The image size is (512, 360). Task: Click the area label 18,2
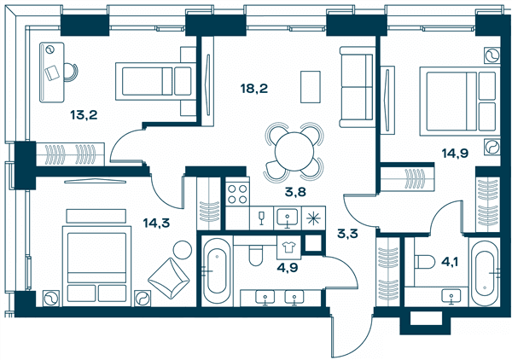pyautogui.click(x=254, y=89)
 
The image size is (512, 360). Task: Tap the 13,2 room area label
pyautogui.click(x=84, y=115)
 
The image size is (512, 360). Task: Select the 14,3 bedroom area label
pyautogui.click(x=156, y=223)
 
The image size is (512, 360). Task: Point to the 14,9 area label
pyautogui.click(x=455, y=153)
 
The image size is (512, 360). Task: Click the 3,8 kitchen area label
pyautogui.click(x=295, y=192)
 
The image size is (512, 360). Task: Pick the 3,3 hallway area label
pyautogui.click(x=348, y=234)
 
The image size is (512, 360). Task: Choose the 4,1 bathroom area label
pyautogui.click(x=450, y=262)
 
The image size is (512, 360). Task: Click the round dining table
pyautogui.click(x=294, y=152)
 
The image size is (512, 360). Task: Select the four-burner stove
pyautogui.click(x=237, y=194)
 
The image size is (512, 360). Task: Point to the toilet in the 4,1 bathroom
pyautogui.click(x=424, y=261)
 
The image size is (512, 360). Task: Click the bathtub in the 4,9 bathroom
pyautogui.click(x=217, y=271)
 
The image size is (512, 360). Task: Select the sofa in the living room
pyautogui.click(x=356, y=87)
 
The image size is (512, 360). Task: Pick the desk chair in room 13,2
pyautogui.click(x=71, y=73)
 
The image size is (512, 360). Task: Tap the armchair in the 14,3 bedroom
pyautogui.click(x=169, y=278)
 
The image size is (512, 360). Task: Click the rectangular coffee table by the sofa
pyautogui.click(x=311, y=87)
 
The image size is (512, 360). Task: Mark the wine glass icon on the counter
pyautogui.click(x=261, y=218)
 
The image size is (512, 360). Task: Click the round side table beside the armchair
pyautogui.click(x=183, y=250)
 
